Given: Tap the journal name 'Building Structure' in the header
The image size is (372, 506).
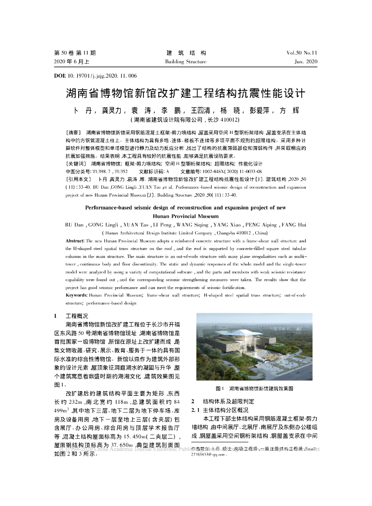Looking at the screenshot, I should click(186, 62).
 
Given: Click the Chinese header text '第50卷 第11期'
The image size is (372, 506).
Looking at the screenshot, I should click(75, 53).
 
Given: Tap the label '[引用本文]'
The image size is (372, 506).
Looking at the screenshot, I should click(79, 178).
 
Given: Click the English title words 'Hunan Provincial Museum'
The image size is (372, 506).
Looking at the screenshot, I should click(186, 216).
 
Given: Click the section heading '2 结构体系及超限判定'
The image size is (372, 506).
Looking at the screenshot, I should click(220, 401).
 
